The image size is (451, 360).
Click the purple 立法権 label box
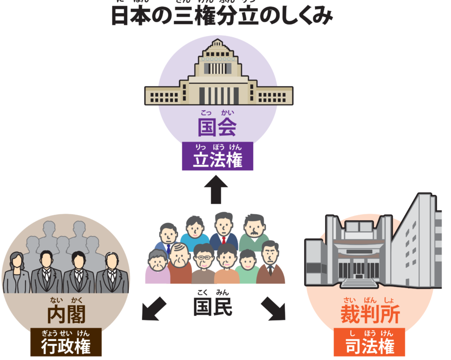tap(217, 156)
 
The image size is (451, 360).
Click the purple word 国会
tap(217, 127)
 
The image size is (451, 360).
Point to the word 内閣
tap(66, 314)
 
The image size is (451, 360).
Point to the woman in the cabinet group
tap(17, 272)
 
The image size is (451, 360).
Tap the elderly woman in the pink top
tap(157, 267)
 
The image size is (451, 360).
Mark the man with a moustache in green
tap(253, 230)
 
